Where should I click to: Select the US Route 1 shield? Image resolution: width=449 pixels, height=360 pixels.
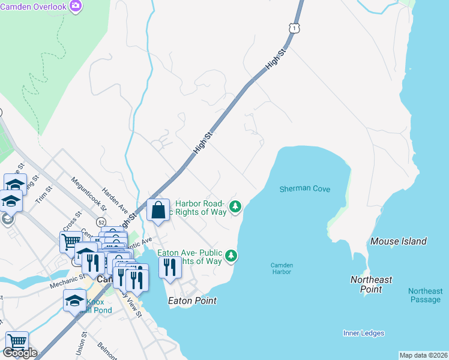[x=293, y=28]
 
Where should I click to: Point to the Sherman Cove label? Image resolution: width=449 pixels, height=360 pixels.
[x=305, y=188]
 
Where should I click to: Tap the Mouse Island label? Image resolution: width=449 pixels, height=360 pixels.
[x=398, y=241]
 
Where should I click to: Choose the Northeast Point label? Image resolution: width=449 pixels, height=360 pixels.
[x=371, y=284]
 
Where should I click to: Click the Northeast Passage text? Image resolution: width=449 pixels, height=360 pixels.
[x=425, y=295]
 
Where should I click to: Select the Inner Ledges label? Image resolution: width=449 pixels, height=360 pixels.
[x=364, y=333]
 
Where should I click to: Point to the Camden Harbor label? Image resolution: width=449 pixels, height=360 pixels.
[x=281, y=268]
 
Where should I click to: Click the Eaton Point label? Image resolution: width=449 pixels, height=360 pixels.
[x=192, y=300]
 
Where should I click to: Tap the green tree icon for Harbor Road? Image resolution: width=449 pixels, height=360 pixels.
[x=237, y=207]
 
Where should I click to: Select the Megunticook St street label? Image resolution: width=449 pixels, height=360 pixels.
[x=88, y=191]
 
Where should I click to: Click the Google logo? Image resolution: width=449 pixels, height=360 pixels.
[x=19, y=353]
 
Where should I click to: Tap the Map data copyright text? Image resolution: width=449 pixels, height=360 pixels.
[x=423, y=355]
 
